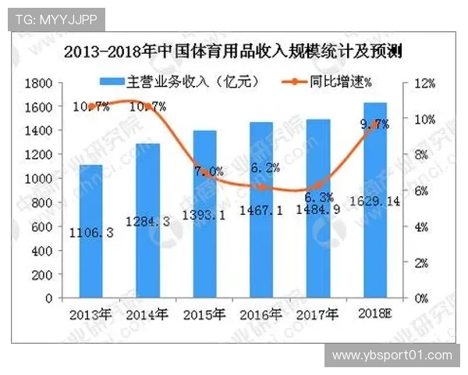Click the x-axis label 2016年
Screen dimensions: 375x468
tap(261, 315)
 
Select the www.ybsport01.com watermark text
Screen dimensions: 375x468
tap(392, 355)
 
